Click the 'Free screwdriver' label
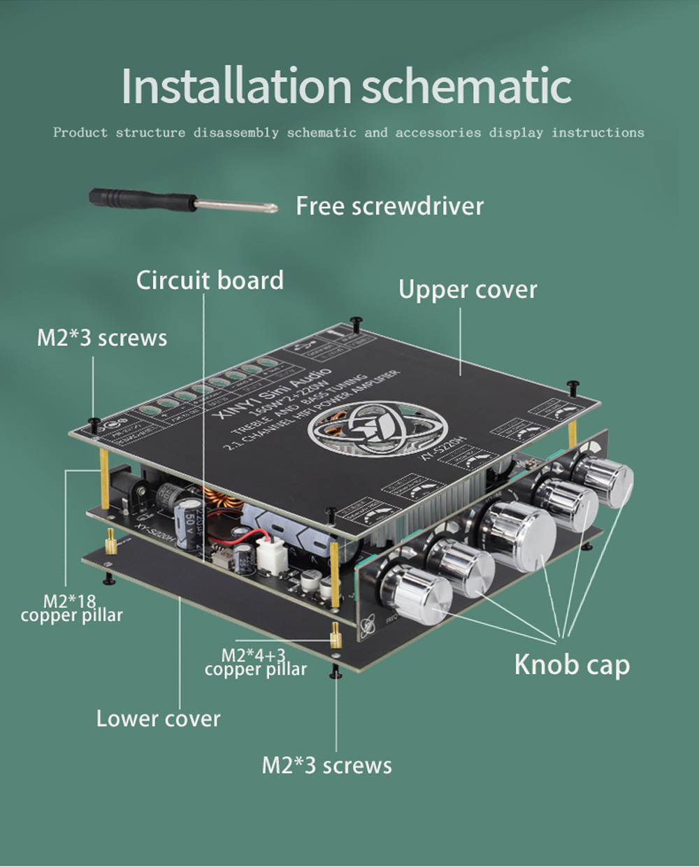(389, 206)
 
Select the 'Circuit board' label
(210, 280)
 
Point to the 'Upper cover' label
(468, 289)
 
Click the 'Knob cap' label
(572, 664)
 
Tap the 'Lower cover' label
(158, 719)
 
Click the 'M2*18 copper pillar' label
(71, 608)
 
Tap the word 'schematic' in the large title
(466, 86)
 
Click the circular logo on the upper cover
(377, 428)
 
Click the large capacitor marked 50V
(189, 522)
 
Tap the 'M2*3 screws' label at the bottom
(326, 765)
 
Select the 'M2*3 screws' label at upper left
(102, 338)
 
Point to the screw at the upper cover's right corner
(573, 386)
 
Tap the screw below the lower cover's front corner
(337, 673)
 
